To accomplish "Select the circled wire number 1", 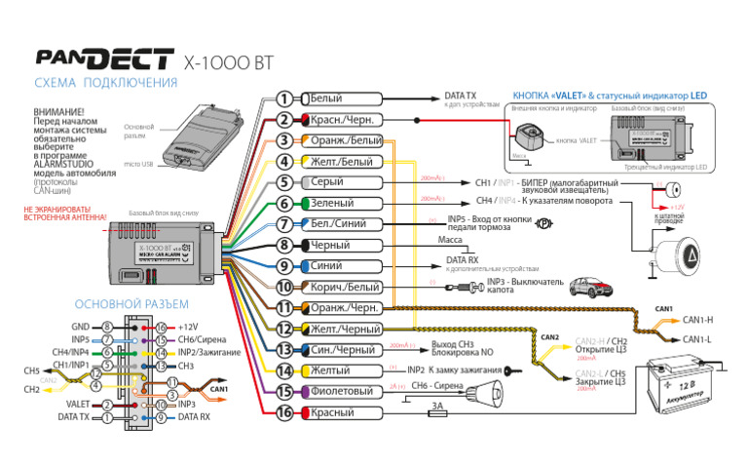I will pos(283,98).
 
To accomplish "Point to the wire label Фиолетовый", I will pos(341,392).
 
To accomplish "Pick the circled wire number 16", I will pos(283,413).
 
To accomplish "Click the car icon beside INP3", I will pos(588,287).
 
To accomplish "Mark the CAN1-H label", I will pos(698,320).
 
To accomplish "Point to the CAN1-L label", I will pos(698,339).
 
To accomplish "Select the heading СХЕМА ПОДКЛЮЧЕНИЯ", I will pos(105,83).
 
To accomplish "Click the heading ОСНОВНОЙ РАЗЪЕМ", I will pos(126,304).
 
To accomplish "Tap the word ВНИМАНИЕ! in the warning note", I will pos(58,113).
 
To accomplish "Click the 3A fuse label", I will pos(438,404).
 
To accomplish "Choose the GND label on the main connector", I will pos(81,327).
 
